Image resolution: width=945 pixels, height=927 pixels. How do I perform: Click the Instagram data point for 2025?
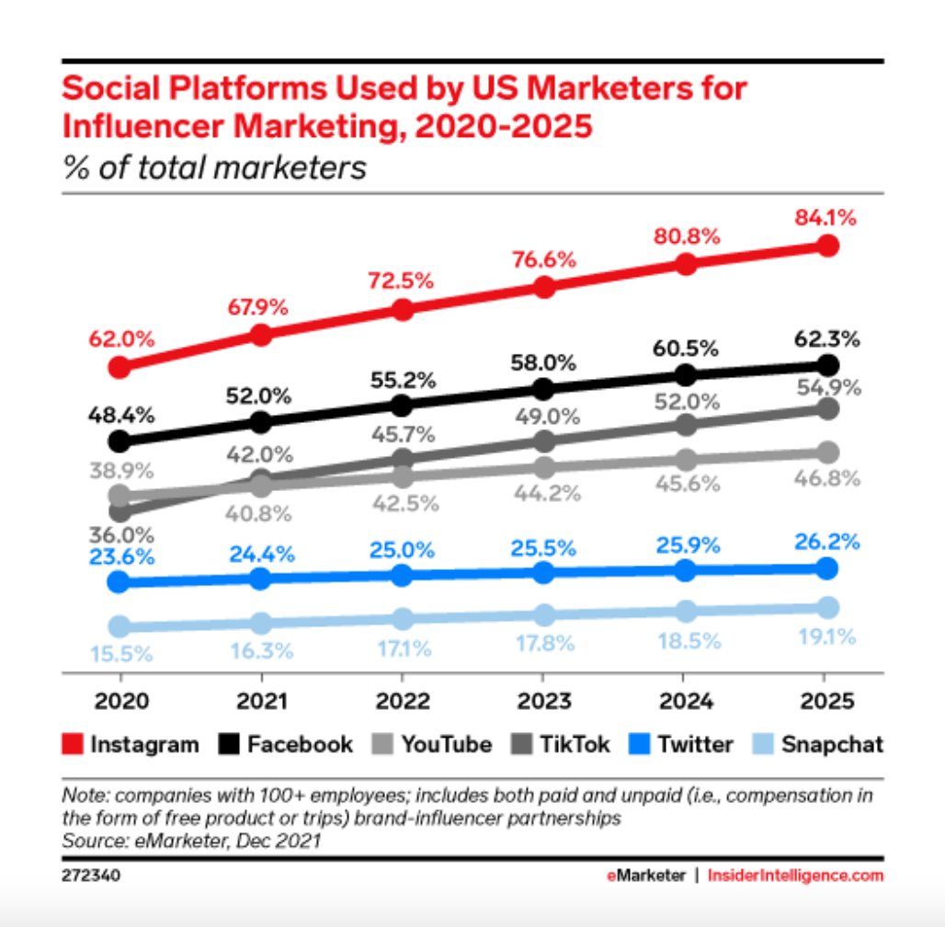[x=827, y=246]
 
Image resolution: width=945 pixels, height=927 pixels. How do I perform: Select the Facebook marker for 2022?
[x=402, y=405]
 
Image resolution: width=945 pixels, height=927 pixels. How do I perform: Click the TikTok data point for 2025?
[x=827, y=408]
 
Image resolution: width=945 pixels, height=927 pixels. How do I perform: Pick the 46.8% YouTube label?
[x=828, y=478]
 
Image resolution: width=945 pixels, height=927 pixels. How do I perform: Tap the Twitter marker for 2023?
[x=544, y=572]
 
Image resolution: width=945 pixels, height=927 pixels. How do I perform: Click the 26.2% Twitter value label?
[x=828, y=539]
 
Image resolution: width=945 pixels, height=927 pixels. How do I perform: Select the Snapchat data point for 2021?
[x=260, y=623]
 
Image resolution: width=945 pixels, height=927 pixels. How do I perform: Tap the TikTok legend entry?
[x=561, y=743]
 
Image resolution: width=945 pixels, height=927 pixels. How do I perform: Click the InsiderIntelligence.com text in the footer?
[x=795, y=875]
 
